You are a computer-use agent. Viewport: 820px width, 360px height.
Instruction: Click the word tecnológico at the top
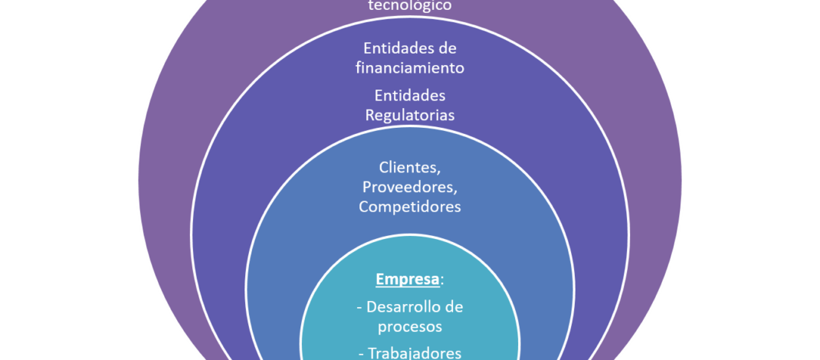pyautogui.click(x=409, y=5)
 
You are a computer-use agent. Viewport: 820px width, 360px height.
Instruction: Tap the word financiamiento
pyautogui.click(x=409, y=67)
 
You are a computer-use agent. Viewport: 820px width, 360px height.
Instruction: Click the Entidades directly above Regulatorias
pyautogui.click(x=410, y=97)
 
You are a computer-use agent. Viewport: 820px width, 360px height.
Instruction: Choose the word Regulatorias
pyautogui.click(x=410, y=116)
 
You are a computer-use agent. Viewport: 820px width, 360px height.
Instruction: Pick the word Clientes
pyautogui.click(x=408, y=167)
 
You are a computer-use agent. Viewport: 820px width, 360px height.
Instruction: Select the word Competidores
pyautogui.click(x=410, y=206)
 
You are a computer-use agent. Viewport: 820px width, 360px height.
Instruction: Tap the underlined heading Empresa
pyautogui.click(x=406, y=279)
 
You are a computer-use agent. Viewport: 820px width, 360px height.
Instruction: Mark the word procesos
pyautogui.click(x=409, y=326)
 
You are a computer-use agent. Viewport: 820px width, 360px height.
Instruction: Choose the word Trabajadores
pyautogui.click(x=415, y=352)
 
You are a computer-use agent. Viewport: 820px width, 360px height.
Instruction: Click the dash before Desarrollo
pyautogui.click(x=359, y=308)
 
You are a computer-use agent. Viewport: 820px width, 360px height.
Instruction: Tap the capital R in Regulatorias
pyautogui.click(x=370, y=116)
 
